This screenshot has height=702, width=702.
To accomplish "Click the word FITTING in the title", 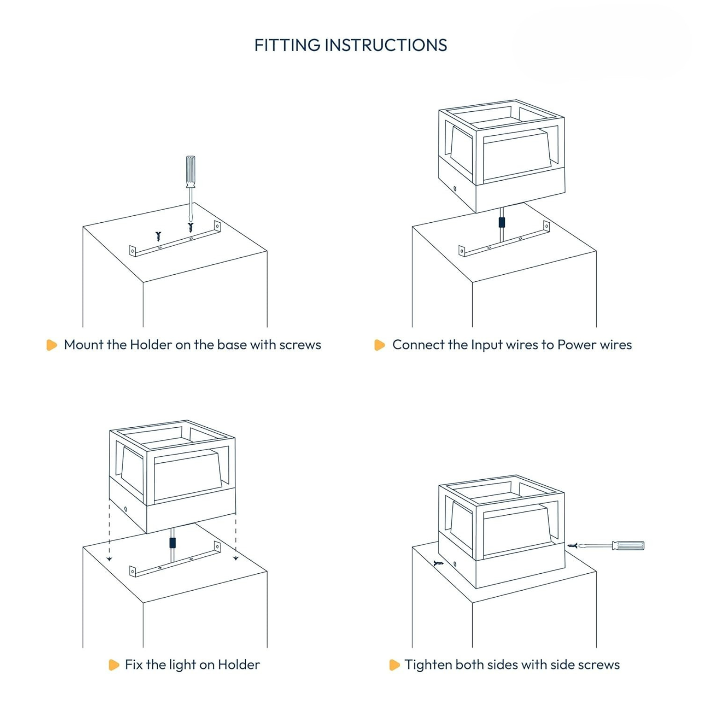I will pos(287,45).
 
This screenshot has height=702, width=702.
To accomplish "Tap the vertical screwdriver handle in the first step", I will pos(190,171).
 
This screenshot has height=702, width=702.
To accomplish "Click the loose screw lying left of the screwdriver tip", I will pos(158,236).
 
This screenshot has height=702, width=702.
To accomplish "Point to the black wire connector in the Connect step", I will pos(501,222).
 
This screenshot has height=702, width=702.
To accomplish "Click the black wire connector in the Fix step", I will pos(172,543).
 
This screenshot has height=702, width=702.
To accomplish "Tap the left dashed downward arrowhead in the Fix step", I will pos(109,559).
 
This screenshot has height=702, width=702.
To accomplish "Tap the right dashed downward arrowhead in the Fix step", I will pos(236,558).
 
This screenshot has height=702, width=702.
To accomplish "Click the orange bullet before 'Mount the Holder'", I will pos(52,345).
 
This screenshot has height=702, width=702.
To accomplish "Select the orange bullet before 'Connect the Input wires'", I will pos(380,345).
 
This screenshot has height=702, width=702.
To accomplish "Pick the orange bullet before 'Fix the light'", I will pos(114,665).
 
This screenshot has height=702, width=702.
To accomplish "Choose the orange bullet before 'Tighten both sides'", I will pos(394,665).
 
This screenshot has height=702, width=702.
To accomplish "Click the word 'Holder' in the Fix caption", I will pos(238,665).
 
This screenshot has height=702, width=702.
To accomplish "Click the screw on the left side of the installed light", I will pos(439,563).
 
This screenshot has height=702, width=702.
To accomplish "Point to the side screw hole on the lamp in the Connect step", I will pos(455,189).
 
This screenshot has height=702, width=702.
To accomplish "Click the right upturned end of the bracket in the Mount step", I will pos(217,226).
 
